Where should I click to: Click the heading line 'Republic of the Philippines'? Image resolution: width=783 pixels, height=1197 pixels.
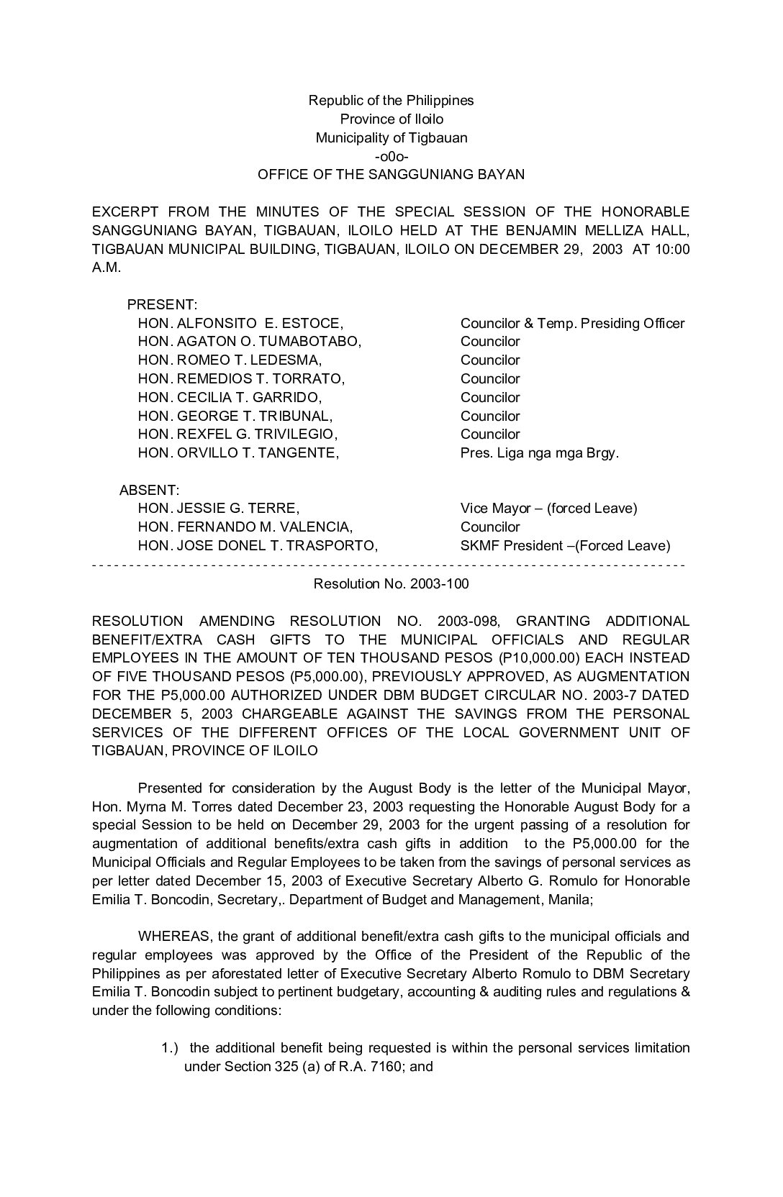pos(391,100)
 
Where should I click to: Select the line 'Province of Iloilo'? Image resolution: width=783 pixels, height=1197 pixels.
pos(391,119)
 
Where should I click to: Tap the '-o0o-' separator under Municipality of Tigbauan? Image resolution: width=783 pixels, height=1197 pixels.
pos(391,156)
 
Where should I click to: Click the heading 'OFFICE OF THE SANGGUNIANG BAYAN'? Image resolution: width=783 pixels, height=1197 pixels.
pos(391,174)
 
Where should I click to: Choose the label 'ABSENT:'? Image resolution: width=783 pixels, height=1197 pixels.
pos(149,490)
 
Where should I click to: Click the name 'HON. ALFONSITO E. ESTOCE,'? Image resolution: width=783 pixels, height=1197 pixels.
pos(240,323)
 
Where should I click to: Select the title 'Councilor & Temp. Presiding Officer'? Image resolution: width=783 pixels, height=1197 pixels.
pos(572,323)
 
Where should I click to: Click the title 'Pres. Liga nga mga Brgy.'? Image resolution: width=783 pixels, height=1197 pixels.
pos(539,452)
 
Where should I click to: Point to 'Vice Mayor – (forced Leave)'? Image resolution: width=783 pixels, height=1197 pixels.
pos(548,509)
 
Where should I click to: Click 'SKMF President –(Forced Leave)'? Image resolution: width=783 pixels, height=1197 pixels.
pos(565,545)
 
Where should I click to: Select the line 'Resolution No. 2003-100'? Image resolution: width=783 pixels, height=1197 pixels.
pos(391,583)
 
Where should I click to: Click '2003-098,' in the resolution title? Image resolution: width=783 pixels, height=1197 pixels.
pos(466,621)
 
